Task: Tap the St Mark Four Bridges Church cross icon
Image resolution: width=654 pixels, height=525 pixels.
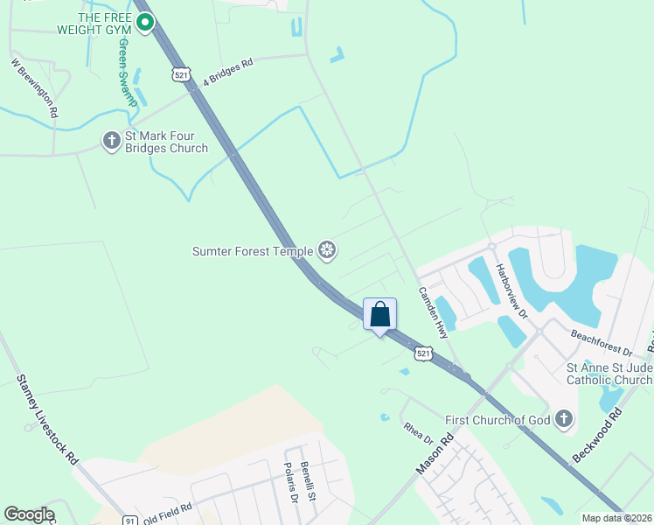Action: click(x=111, y=140)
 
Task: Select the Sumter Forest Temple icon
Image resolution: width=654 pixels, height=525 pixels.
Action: click(x=327, y=251)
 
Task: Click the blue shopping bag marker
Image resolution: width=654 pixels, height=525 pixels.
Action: click(x=379, y=315)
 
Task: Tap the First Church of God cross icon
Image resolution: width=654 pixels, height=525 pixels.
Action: click(x=564, y=420)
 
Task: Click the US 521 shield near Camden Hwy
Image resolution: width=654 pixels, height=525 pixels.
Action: click(x=423, y=353)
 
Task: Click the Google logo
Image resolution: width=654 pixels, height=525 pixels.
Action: click(x=29, y=514)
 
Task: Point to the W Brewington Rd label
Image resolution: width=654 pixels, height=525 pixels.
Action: click(x=35, y=87)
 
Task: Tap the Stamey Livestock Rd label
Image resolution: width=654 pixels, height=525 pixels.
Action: click(x=48, y=420)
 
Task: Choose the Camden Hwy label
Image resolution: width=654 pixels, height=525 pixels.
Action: click(x=433, y=312)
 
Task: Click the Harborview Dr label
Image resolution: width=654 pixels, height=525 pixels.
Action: click(x=513, y=289)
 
